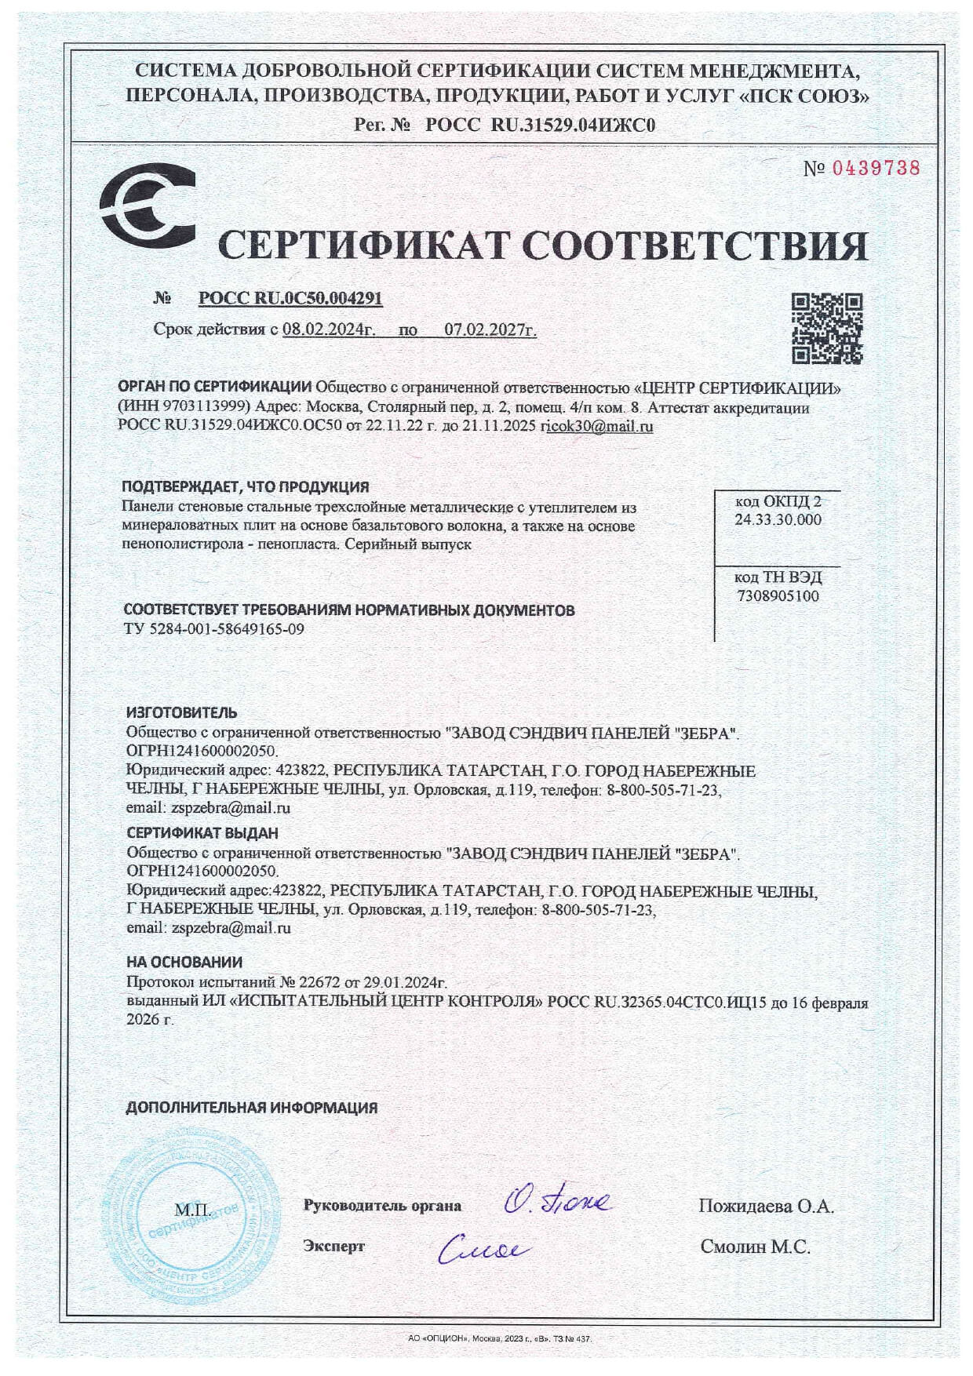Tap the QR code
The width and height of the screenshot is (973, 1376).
[826, 329]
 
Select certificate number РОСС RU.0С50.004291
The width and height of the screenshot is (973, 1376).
[290, 299]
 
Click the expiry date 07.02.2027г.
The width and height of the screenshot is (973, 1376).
[490, 330]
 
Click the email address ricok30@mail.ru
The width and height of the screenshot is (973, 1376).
[597, 428]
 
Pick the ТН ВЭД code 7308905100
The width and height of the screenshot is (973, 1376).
[778, 595]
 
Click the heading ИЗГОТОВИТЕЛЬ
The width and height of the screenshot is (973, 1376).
[181, 713]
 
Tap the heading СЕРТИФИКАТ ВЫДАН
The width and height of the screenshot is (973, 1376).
[202, 832]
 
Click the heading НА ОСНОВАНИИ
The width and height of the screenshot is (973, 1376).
[184, 962]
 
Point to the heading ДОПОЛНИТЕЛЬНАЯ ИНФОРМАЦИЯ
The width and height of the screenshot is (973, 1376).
[252, 1108]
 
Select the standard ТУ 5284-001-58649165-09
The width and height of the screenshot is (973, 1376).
[214, 629]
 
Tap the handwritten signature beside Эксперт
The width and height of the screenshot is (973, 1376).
[483, 1247]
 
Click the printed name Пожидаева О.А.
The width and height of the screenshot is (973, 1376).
[766, 1206]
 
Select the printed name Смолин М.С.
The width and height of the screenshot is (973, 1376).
[755, 1247]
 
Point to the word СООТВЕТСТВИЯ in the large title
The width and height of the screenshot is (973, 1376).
[694, 246]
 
